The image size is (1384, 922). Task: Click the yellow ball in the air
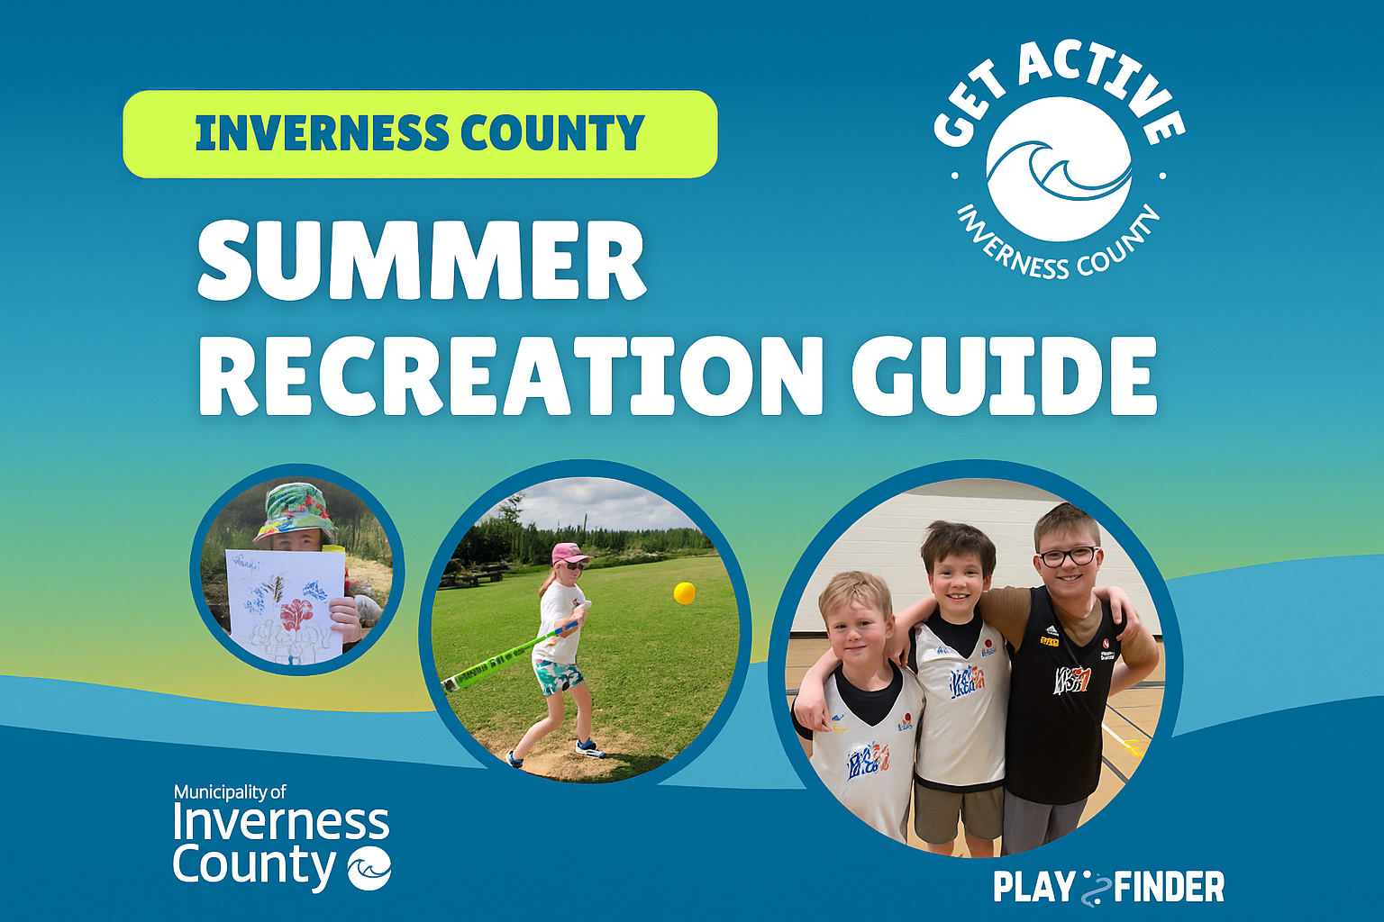point(685,592)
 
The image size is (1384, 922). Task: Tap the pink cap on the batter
point(569,554)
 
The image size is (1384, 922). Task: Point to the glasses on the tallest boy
point(1070,556)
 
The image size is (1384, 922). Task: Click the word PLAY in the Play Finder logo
point(1033,887)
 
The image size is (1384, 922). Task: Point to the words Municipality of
point(230,792)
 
